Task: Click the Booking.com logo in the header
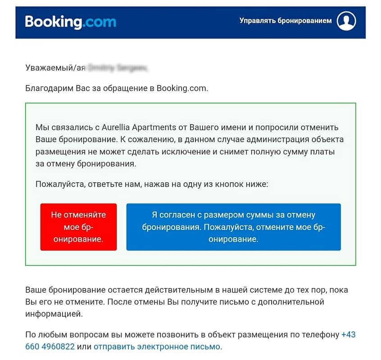tap(70, 22)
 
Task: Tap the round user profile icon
tap(346, 21)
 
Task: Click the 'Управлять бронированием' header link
tap(286, 21)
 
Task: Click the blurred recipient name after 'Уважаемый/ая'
tap(118, 68)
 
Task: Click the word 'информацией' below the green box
tap(54, 314)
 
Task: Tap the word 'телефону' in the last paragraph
tap(321, 335)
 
